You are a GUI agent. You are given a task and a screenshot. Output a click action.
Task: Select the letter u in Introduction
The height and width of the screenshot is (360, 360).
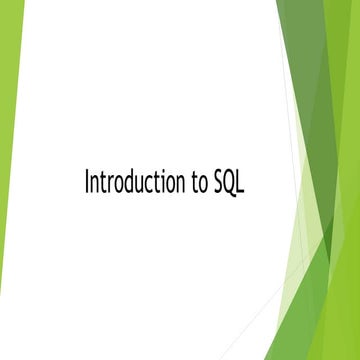pyautogui.click(x=137, y=185)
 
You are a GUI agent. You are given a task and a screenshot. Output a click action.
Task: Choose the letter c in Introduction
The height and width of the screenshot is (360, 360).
pyautogui.click(x=146, y=185)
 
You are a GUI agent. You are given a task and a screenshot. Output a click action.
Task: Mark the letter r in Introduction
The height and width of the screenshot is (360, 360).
pyautogui.click(x=110, y=185)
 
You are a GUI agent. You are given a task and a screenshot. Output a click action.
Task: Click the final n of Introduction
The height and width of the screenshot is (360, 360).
pyautogui.click(x=178, y=185)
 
